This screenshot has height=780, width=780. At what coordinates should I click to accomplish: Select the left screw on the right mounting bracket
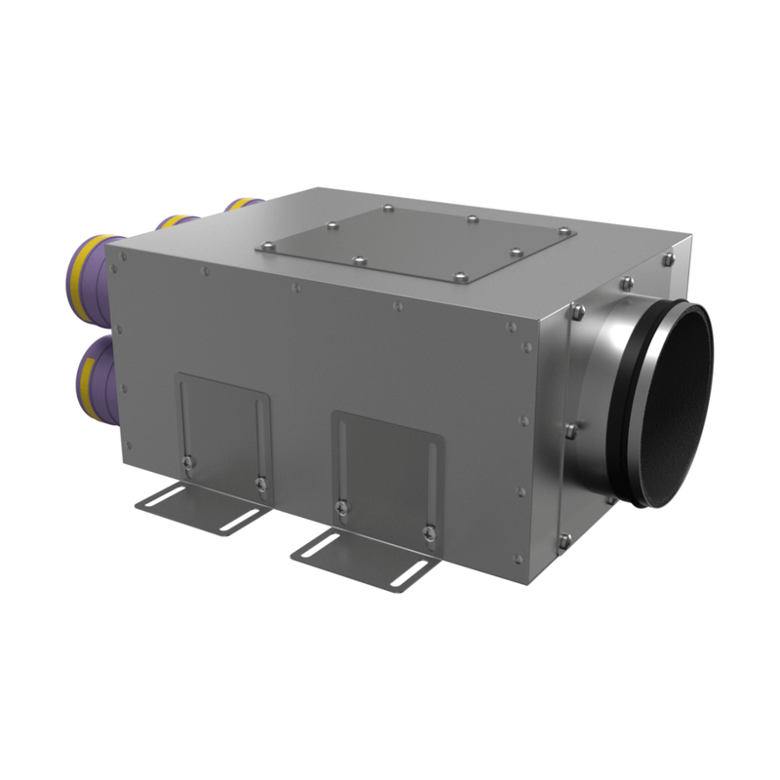pos(338,507)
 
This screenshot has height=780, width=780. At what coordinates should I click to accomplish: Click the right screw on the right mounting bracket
pos(428,531)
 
